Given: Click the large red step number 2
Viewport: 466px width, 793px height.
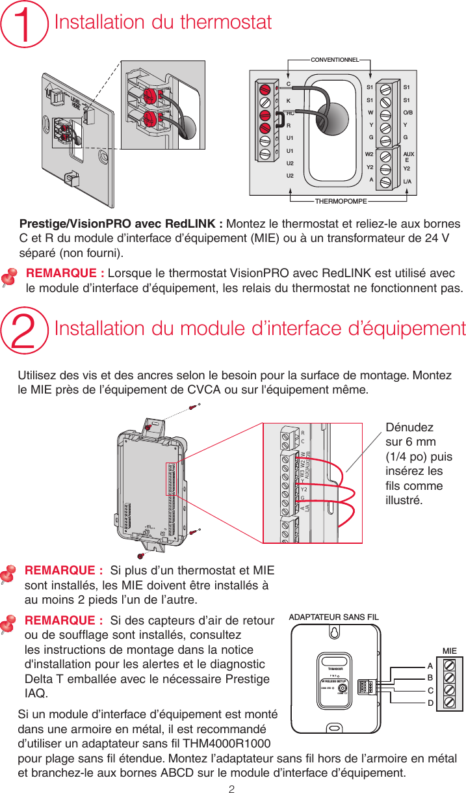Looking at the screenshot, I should (27, 329).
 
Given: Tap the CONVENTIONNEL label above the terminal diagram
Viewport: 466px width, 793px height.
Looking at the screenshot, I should (335, 60).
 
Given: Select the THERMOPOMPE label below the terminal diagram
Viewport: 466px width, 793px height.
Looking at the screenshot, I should (341, 202).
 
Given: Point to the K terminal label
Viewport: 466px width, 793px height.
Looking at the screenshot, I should (288, 101).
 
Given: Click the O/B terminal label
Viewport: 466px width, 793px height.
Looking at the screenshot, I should (409, 111).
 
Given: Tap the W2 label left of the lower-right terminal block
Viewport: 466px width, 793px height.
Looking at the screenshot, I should (369, 154).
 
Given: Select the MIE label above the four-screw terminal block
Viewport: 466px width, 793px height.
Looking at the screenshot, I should (449, 651).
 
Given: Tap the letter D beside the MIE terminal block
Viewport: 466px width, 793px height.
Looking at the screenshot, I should (430, 703).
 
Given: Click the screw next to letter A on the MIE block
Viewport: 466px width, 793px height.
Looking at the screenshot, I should (448, 665).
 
